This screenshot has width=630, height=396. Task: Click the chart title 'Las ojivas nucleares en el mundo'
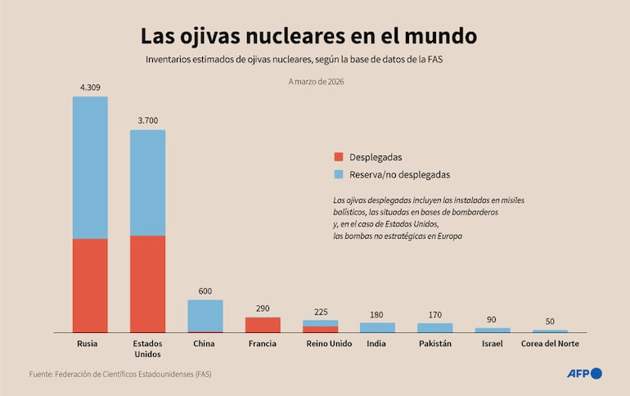tap(308, 37)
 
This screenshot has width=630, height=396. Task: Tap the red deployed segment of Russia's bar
tap(90, 285)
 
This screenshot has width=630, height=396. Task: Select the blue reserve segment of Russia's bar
tap(90, 168)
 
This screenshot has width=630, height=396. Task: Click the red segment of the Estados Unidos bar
tap(147, 283)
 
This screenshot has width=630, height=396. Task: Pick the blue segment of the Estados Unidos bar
tap(147, 182)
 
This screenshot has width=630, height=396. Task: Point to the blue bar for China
tap(205, 315)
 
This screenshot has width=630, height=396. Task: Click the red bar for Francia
tap(263, 325)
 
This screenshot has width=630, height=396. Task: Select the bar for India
tap(377, 327)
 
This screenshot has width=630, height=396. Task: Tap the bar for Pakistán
tap(434, 327)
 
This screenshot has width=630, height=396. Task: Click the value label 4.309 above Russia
tap(90, 87)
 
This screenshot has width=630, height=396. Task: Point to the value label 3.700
tap(147, 120)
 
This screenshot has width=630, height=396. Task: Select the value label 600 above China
tap(205, 290)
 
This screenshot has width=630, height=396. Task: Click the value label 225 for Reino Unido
tap(320, 311)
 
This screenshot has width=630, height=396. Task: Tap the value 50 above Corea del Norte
tap(550, 321)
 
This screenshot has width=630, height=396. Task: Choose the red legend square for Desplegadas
tap(339, 157)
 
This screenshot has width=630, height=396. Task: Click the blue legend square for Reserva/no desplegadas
tap(339, 174)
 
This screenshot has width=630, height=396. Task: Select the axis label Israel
tap(493, 344)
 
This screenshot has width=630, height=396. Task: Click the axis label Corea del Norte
tap(550, 344)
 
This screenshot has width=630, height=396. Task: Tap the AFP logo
tap(584, 374)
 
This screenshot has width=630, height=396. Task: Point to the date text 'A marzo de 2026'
tap(316, 81)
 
